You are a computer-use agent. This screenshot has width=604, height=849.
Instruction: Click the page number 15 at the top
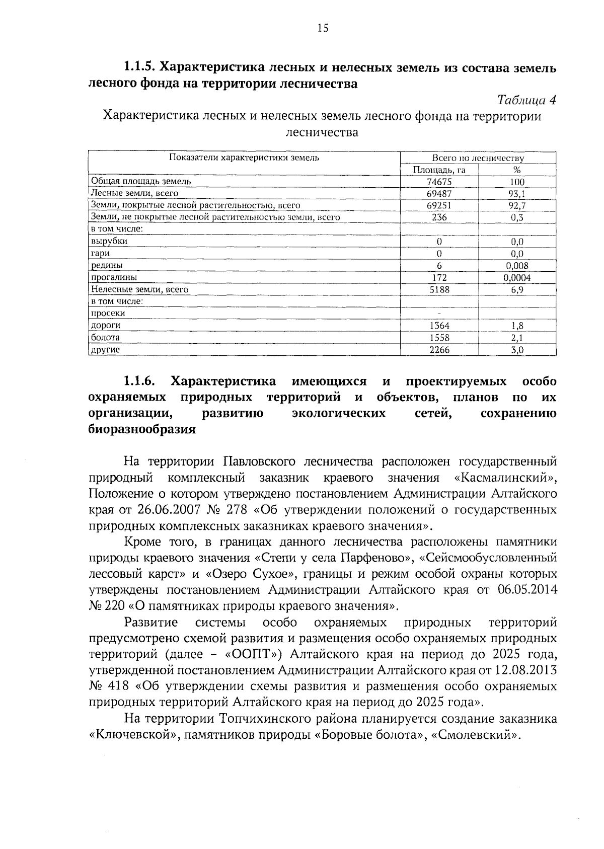[323, 28]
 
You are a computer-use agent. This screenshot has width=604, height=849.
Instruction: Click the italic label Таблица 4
[526, 100]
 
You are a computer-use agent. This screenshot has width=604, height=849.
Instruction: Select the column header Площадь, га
[439, 170]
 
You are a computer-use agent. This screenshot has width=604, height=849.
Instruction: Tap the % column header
[516, 170]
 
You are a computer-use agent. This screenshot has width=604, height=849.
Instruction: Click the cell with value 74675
[439, 182]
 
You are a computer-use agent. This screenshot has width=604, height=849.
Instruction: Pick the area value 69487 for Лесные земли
[439, 194]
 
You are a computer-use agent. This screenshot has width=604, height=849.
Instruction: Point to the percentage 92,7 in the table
[517, 205]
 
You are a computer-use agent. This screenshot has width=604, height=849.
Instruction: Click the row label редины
[106, 265]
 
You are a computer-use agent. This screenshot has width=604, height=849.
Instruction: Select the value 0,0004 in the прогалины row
[517, 277]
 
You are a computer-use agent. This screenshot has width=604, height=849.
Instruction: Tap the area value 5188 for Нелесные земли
[439, 289]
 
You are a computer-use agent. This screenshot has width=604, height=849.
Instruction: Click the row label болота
[105, 337]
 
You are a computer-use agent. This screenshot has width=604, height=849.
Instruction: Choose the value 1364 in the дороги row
[439, 326]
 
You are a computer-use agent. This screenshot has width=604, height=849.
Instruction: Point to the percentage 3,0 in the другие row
[517, 350]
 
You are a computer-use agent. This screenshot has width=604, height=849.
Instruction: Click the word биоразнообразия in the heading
[141, 430]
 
